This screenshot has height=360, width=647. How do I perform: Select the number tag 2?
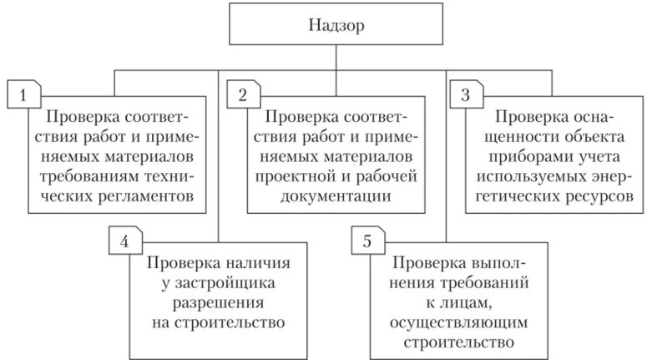coord(242,94)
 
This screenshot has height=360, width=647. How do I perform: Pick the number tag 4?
coord(124,242)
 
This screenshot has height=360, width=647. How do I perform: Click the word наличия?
coord(252,262)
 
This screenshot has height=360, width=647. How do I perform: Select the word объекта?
coord(594,136)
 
